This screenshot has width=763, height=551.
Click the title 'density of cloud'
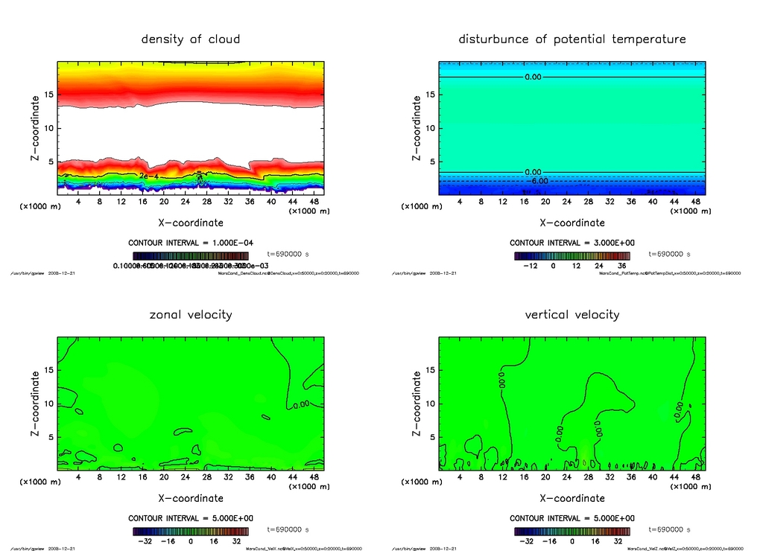coord(191,39)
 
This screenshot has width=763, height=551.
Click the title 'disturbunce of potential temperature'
coord(572,39)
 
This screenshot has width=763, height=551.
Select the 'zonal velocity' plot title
coord(191,314)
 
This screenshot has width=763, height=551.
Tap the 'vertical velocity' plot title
coord(572,314)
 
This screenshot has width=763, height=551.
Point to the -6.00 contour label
coord(537,181)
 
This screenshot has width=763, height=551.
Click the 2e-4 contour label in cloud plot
coord(148,175)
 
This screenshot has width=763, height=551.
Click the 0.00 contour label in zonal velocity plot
coord(300,404)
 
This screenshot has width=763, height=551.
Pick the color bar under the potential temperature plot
coord(572,255)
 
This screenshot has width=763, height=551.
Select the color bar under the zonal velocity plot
coord(190,531)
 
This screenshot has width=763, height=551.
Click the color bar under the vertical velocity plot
coord(572,531)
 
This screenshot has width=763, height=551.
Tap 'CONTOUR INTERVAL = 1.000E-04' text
coord(190,243)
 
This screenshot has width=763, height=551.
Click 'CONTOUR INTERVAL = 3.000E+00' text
coord(572,243)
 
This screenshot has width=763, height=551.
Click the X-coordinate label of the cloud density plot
coord(191,223)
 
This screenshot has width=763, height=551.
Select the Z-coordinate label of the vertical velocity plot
coord(417,404)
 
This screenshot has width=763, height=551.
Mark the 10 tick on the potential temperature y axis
coord(430,128)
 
